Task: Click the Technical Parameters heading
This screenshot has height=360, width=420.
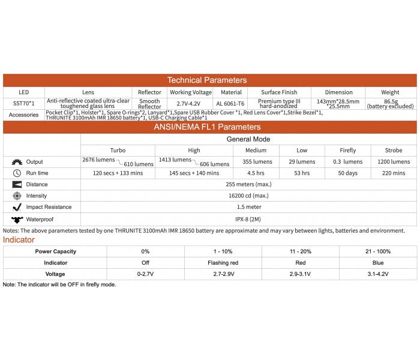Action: [206, 80]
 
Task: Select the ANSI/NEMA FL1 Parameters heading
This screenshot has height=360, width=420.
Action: [206, 127]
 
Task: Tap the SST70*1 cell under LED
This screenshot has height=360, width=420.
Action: [24, 103]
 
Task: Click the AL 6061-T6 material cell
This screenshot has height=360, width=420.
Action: [232, 103]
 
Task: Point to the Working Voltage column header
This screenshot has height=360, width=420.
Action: [190, 92]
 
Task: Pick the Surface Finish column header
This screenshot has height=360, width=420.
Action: [279, 92]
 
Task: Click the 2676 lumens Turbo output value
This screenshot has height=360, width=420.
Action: [97, 160]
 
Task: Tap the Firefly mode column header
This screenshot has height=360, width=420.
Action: [347, 151]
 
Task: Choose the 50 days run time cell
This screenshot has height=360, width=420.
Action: [347, 173]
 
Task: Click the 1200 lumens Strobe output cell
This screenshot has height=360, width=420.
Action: [393, 162]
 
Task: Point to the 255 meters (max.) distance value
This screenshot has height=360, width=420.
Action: [248, 185]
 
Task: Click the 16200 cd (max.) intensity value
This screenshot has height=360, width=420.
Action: [248, 196]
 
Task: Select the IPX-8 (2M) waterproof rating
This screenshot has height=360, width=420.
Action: [248, 219]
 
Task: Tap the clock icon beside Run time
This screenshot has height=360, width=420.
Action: [17, 173]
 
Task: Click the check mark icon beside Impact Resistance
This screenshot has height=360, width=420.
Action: [17, 208]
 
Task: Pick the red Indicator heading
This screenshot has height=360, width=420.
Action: [19, 240]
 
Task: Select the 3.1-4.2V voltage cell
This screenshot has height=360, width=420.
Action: [378, 274]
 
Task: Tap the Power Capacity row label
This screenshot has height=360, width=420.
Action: [55, 251]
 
